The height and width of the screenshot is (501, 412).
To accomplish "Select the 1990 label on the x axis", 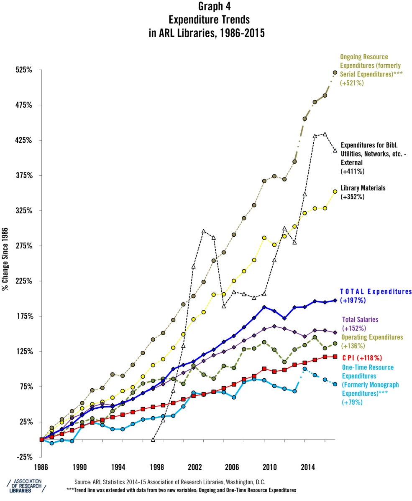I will coord(79,466).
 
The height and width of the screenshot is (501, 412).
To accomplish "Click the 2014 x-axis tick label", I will coord(308,466).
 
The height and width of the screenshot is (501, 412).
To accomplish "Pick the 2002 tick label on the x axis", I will coord(194,466).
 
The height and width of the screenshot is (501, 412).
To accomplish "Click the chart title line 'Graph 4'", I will coord(207,7).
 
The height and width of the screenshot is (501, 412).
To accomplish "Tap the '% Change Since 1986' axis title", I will coord(5,259).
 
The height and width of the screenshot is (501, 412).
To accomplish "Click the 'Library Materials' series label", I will coord(363,188).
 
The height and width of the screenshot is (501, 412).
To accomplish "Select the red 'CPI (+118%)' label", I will coord(362,358).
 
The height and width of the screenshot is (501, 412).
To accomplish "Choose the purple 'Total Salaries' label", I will coord(360,320).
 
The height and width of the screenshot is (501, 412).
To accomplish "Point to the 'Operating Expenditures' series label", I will coord(372,337).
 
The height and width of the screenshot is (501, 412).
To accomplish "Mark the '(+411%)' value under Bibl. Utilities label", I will coord(353,171).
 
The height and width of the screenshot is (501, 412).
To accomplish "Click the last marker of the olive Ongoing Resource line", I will coord(335,73).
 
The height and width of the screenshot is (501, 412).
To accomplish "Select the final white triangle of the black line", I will coord(335,151).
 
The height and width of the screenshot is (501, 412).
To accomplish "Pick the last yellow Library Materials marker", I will coord(335,192).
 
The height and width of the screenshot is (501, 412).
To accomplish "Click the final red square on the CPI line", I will coord(335,357).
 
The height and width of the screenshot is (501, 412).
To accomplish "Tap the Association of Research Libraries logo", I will coord(26,486).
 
